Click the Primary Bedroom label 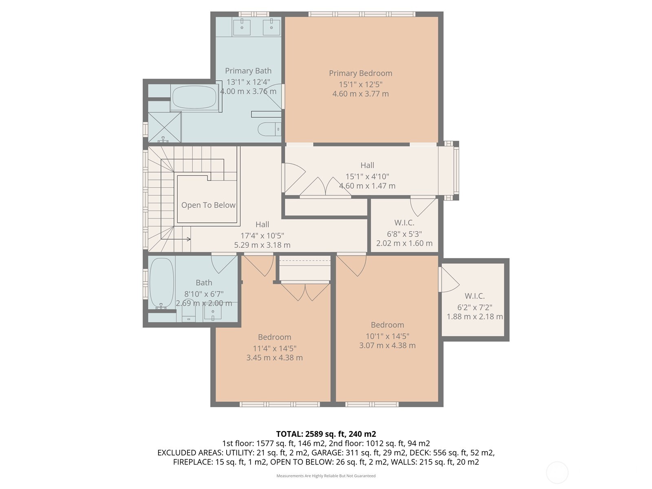[360, 73]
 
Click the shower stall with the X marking [164, 127]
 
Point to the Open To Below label [208, 205]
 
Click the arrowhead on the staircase [189, 239]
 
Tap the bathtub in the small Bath [162, 283]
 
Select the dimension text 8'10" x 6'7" [204, 294]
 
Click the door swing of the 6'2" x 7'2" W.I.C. [450, 280]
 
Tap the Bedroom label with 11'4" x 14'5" [275, 337]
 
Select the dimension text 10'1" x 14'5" [388, 336]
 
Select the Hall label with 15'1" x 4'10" [367, 165]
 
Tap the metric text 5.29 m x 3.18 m [262, 245]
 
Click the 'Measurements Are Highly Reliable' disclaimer [326, 476]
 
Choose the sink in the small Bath [213, 312]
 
